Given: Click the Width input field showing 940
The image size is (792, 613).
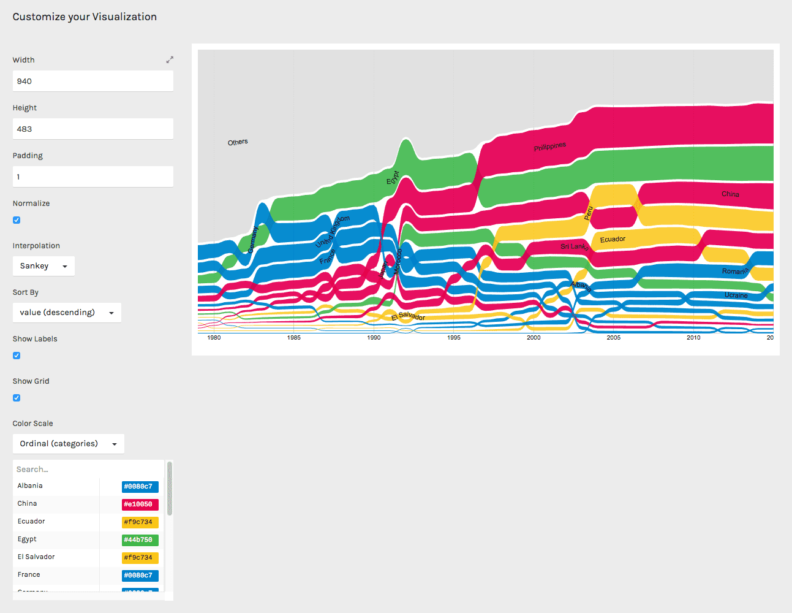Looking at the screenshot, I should tap(92, 81).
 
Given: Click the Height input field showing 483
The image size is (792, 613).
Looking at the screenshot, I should tap(92, 129).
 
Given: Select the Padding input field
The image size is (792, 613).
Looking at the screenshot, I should tap(92, 177).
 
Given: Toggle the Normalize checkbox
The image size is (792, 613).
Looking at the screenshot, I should tap(17, 220).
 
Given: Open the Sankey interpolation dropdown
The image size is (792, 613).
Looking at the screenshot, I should tap(43, 266).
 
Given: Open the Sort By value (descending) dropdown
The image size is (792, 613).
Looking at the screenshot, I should tap(67, 313).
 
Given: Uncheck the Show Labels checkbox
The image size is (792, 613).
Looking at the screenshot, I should tap(17, 356).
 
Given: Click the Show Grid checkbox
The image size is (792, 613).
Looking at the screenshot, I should tap(17, 398).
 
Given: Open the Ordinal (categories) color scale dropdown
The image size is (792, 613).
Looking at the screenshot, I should tap(68, 444).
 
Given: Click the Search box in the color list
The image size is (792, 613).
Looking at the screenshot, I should tap(86, 470).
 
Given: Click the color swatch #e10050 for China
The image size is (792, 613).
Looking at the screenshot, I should tap(140, 504).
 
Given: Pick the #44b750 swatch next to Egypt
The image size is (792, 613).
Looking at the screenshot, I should tap(140, 540).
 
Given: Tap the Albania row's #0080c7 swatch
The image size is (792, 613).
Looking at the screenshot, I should tap(140, 487).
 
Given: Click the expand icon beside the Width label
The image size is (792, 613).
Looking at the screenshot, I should tap(170, 59).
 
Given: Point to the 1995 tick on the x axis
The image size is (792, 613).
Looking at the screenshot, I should tap(454, 337).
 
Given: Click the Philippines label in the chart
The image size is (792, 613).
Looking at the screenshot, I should tap(549, 147).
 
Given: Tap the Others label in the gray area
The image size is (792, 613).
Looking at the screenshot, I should tap(238, 142).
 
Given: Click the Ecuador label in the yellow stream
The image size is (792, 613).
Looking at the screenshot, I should tap(613, 239).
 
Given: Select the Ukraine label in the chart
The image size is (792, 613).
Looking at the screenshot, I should tap(736, 295).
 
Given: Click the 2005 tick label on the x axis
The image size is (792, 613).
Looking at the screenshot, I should tap(614, 337).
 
